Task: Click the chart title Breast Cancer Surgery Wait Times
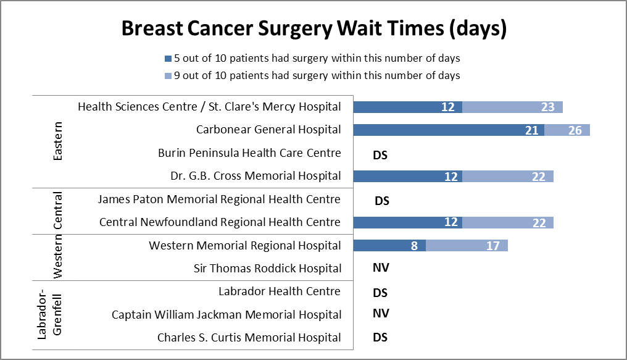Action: pos(313,29)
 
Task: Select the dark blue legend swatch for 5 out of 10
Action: pos(168,59)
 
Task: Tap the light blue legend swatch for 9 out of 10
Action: pos(168,75)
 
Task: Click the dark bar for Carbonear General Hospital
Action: pos(448,130)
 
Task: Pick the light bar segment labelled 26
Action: pos(567,130)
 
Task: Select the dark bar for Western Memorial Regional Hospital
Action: pos(389,246)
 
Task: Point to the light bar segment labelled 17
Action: pos(467,246)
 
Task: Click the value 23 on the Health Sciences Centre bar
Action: pos(547,107)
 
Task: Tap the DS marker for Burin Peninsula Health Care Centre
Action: pos(380,154)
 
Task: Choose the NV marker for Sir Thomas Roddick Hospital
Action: pos(381,268)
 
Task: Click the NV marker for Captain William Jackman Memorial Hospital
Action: pos(381,314)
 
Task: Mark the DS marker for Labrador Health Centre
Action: pos(381,292)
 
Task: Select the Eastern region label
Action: pos(58,141)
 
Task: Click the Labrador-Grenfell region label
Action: pos(50,315)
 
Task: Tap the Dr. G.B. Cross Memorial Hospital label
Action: pos(255,176)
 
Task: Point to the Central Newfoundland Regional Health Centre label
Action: pos(220,222)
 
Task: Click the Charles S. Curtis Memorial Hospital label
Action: pos(249,338)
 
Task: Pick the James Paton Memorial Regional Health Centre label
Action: pos(219,199)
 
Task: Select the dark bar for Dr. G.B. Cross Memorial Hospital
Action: pos(407,176)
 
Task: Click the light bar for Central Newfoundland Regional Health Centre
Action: pos(507,222)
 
